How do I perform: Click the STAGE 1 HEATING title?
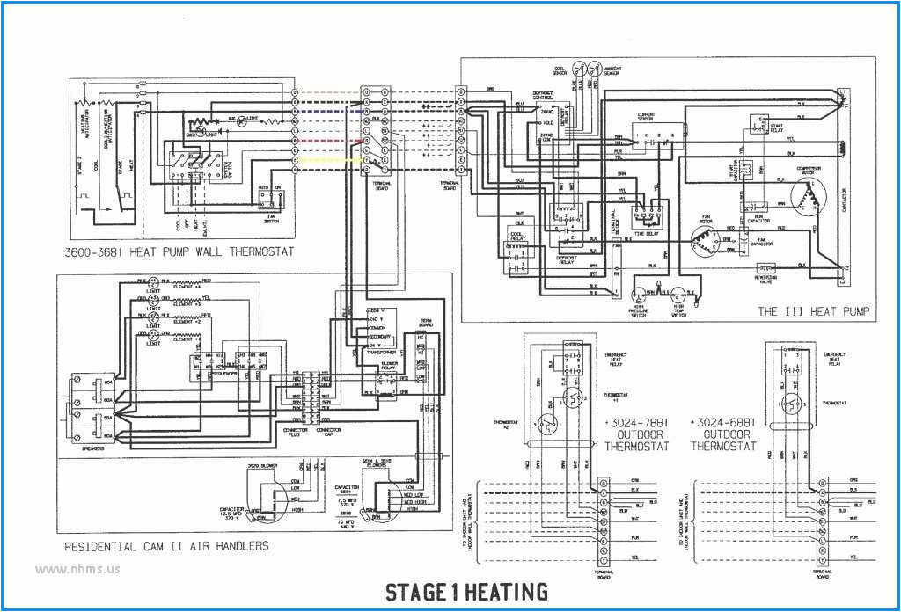pos(466,592)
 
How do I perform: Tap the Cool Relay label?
pos(518,237)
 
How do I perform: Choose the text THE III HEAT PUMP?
pos(812,311)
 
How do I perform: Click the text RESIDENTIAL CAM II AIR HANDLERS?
pos(166,546)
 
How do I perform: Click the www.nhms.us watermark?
pos(77,568)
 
